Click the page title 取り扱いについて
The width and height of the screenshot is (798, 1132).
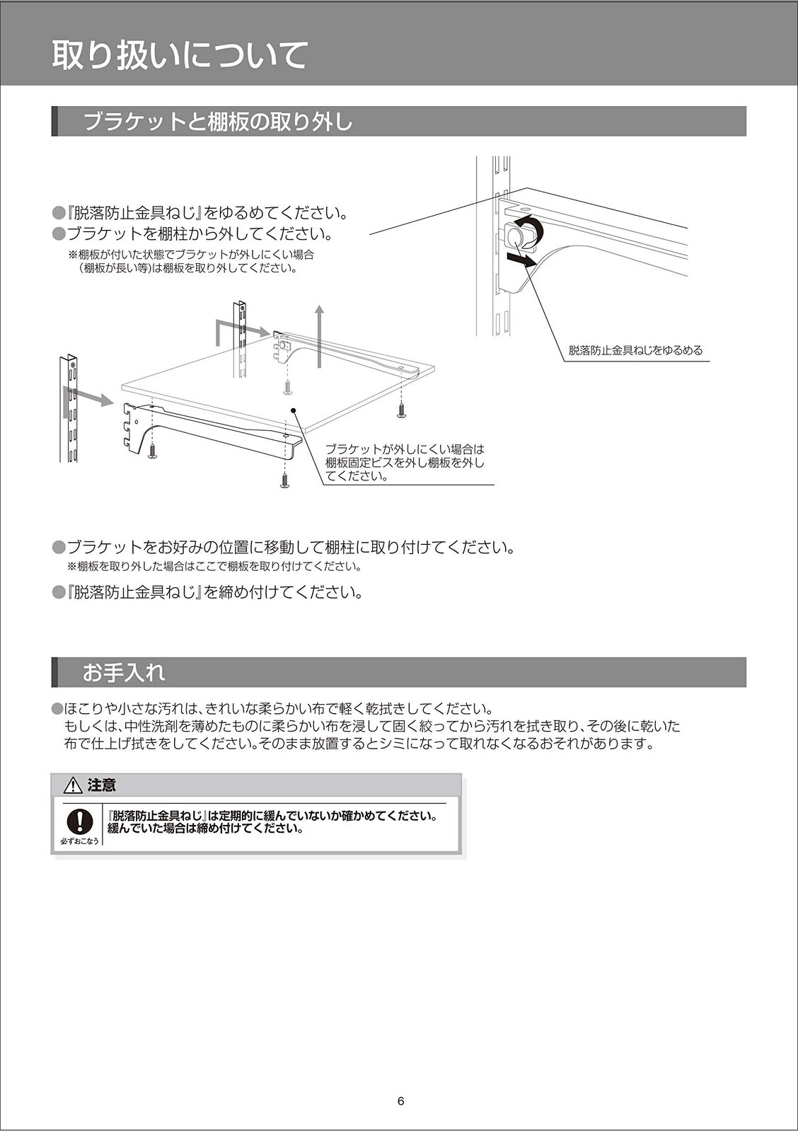click(180, 56)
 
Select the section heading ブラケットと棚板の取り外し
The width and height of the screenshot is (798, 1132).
click(218, 122)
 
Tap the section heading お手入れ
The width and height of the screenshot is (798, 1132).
click(124, 672)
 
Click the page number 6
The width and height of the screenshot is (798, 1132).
click(400, 1102)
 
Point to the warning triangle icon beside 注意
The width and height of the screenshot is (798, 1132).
click(74, 785)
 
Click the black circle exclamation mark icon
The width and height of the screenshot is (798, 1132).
click(80, 821)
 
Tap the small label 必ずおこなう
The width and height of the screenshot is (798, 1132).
click(80, 841)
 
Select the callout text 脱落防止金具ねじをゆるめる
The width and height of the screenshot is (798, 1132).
click(635, 350)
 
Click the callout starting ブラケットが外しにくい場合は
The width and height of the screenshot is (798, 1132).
click(405, 463)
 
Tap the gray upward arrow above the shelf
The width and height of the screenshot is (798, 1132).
click(320, 336)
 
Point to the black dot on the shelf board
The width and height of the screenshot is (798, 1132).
click(291, 410)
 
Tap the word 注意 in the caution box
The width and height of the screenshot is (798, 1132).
click(102, 785)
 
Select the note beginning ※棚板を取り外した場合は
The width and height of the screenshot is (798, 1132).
click(214, 567)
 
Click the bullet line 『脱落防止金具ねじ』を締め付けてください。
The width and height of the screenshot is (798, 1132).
click(214, 592)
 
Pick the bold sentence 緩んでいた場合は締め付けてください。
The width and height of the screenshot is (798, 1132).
click(206, 828)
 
